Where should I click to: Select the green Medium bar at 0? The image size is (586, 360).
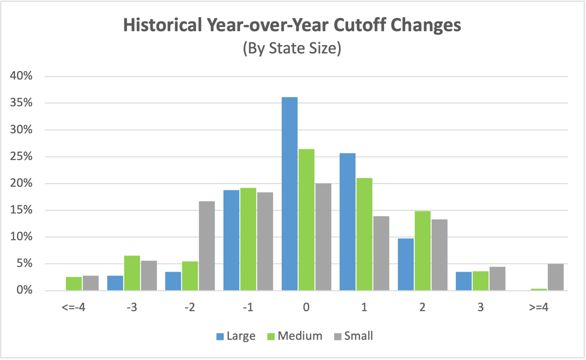click(306, 219)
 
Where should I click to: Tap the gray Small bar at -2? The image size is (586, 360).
click(207, 246)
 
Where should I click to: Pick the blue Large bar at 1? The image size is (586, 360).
click(347, 222)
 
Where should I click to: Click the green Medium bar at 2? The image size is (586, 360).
click(422, 251)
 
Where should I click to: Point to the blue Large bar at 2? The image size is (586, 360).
click(406, 264)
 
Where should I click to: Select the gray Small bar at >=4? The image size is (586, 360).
click(555, 277)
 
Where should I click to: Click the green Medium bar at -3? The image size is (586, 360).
click(132, 273)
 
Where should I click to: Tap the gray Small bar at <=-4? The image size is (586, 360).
click(91, 283)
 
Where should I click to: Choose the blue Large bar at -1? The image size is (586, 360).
click(231, 240)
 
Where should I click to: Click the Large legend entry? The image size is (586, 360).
click(236, 336)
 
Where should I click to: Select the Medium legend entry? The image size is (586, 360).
click(295, 336)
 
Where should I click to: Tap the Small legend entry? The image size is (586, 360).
click(353, 336)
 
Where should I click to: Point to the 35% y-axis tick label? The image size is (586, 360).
click(21, 103)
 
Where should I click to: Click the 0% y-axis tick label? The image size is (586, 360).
click(24, 290)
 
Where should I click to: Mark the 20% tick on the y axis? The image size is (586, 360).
click(21, 183)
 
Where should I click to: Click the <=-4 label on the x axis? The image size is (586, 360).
click(73, 307)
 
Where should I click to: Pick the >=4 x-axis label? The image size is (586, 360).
click(538, 307)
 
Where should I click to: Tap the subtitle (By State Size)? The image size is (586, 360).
click(292, 48)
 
